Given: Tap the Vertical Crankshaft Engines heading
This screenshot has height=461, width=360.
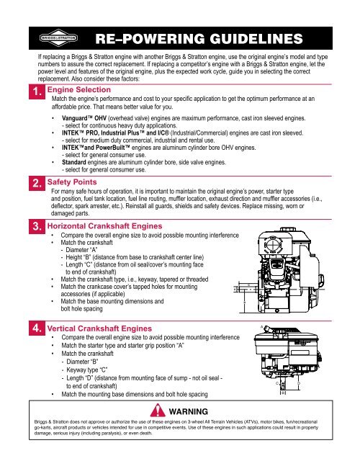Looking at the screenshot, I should (x=102, y=328).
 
